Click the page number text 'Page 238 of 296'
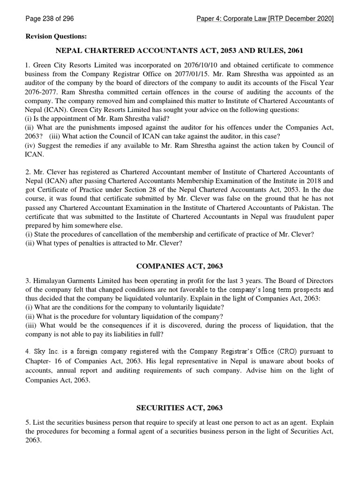49,19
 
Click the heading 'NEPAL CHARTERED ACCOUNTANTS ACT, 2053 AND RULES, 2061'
180,51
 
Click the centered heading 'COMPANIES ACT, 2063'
180,266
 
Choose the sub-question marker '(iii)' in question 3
31,325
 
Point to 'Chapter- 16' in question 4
43,360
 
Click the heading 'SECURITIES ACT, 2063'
180,408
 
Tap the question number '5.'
28,422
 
